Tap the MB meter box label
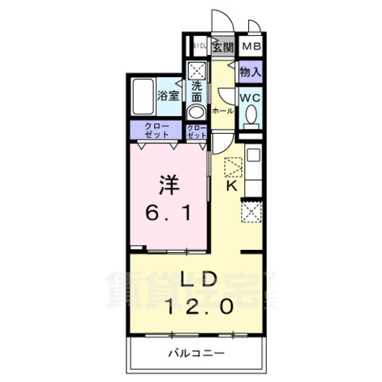(251, 46)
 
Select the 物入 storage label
(250, 72)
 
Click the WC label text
(250, 98)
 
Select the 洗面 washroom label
(197, 92)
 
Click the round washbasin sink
(196, 111)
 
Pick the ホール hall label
(223, 111)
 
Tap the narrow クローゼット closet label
(196, 131)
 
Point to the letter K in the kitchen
(232, 186)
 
